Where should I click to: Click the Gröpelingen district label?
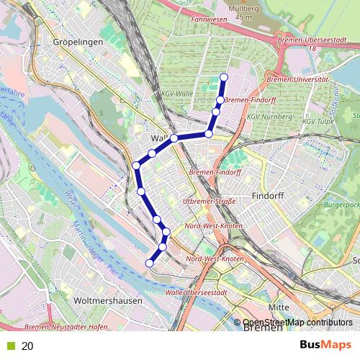[x=78, y=42]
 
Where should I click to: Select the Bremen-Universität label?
[x=297, y=78]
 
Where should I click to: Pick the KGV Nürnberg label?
[x=269, y=115]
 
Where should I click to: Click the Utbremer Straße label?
[x=210, y=201]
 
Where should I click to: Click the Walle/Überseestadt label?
[x=196, y=292]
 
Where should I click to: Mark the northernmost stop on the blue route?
[x=223, y=77]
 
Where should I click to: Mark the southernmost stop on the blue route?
[x=150, y=264]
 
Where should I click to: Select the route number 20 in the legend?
[x=27, y=346]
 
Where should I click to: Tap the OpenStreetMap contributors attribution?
[x=297, y=322]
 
